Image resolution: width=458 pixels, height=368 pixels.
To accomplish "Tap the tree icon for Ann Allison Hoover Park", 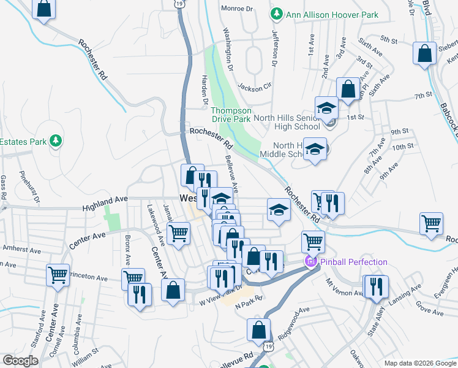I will coord(277,13).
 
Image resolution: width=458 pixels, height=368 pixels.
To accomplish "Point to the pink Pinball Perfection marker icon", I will coord(310,263).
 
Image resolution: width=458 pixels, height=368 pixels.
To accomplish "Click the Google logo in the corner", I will coord(20,361).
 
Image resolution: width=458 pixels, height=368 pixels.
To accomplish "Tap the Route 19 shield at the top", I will coord(178,4).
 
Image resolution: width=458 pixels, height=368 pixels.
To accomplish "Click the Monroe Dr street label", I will coord(241,9).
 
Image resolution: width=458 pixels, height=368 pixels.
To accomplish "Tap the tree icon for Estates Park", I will coord(56,142).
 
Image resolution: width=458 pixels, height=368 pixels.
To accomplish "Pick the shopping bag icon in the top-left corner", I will coord(43,9).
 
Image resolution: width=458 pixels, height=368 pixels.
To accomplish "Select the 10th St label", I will coord(403,147).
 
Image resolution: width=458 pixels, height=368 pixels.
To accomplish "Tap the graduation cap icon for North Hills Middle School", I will coord(315,150).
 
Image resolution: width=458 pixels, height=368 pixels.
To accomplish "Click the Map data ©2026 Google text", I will coord(419,363).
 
